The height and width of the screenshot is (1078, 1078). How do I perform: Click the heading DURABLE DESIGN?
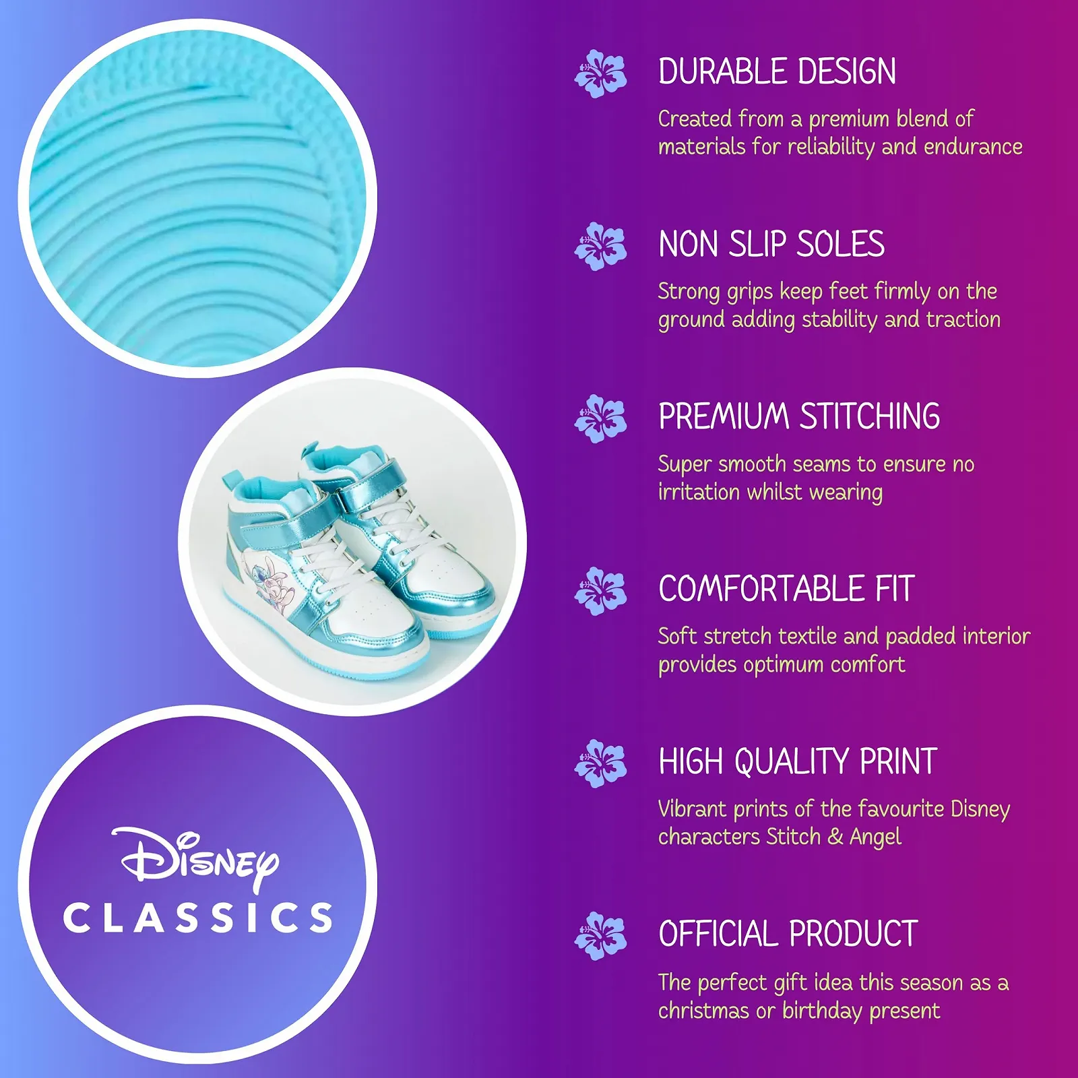777,71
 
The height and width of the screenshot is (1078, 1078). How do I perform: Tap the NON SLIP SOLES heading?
771,244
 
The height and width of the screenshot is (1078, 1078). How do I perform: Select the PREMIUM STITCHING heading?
799,416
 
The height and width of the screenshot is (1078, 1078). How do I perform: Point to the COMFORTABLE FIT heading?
786,589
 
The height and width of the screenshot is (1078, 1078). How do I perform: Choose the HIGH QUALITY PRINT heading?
798,761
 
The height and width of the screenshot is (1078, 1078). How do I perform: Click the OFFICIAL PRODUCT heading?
788,934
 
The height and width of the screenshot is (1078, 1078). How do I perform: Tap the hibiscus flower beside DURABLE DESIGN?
600,73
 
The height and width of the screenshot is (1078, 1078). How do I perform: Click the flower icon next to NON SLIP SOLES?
600,246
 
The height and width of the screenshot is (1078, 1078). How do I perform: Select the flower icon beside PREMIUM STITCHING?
600,418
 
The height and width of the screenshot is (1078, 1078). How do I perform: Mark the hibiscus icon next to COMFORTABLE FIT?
600,591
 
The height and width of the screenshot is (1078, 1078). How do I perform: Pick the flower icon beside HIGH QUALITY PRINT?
600,763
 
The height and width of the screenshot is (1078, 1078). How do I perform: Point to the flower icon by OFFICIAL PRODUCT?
600,936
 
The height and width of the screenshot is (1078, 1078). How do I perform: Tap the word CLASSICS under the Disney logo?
198,918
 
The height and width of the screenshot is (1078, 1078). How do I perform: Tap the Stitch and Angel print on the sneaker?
266,579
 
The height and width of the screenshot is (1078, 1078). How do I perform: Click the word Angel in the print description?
875,837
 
